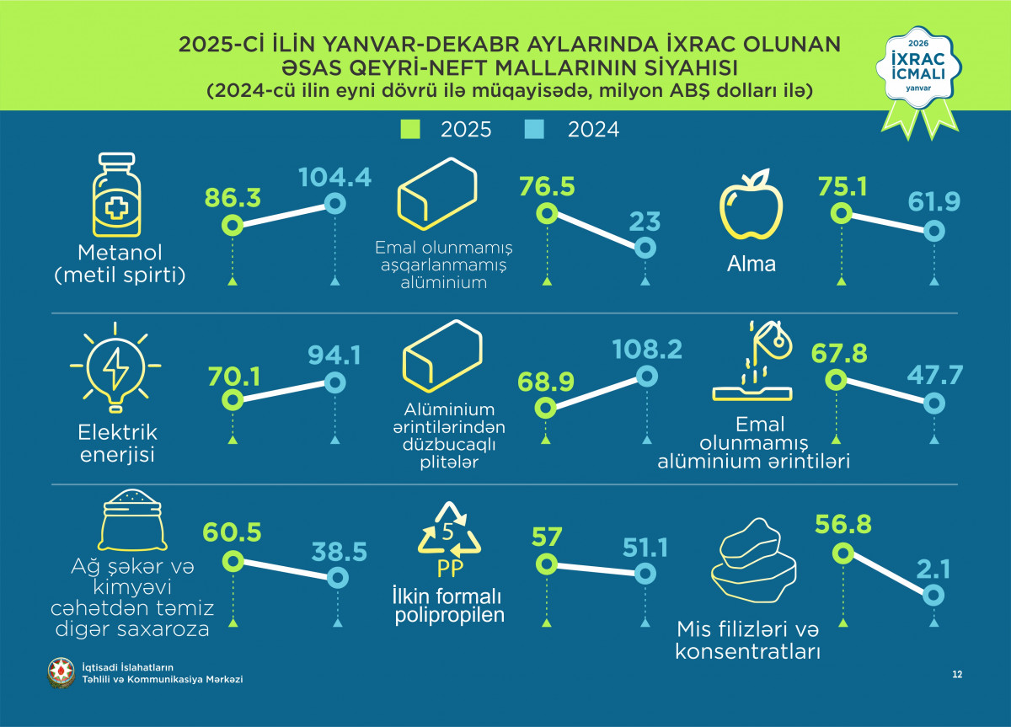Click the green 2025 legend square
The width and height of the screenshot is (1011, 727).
[409, 130]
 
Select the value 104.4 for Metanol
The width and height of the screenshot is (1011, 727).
[335, 179]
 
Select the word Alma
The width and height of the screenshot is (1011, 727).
[752, 264]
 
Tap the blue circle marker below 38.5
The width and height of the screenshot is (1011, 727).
[337, 577]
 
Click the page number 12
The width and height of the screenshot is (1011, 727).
[957, 674]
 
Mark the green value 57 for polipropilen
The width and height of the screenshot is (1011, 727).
[547, 537]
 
